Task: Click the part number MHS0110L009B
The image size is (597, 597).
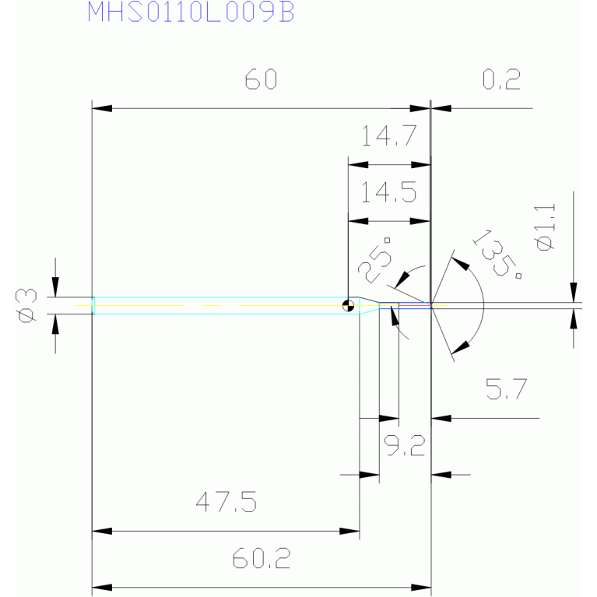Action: [191, 12]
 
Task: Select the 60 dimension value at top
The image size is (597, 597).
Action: [261, 79]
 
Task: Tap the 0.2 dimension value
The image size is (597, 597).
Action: [501, 79]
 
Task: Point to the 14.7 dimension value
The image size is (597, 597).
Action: [388, 136]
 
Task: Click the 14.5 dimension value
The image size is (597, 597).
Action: [388, 192]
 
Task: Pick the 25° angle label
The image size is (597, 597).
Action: [375, 260]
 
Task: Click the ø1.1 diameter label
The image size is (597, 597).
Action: [545, 227]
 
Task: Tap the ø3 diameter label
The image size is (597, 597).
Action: [26, 306]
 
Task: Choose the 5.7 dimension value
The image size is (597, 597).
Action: [507, 388]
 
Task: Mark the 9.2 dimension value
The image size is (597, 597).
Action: [404, 445]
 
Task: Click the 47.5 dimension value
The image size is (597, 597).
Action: [227, 501]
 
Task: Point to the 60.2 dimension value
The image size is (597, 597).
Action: [262, 558]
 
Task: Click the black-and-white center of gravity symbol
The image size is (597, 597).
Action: [348, 305]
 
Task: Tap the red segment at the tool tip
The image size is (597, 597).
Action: [415, 305]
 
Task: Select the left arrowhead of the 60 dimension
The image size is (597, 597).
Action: [102, 108]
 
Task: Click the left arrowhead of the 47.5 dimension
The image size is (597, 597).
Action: [102, 531]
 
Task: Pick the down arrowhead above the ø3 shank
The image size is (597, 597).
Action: [55, 287]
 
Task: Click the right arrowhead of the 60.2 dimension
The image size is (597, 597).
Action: [421, 588]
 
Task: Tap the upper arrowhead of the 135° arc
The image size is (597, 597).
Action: [461, 264]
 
